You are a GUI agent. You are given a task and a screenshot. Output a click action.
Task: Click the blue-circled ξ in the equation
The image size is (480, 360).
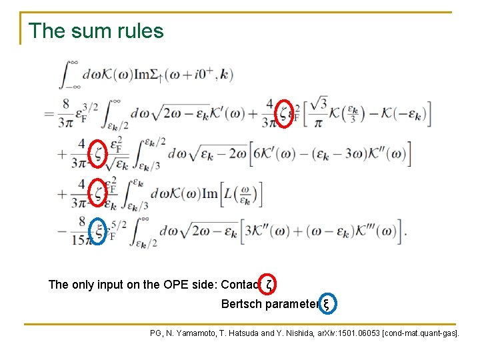pos(99,230)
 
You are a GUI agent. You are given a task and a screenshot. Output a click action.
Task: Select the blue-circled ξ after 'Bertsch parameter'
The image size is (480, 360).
pos(326,304)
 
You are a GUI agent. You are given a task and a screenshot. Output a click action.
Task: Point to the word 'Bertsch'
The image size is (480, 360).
pos(242,305)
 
